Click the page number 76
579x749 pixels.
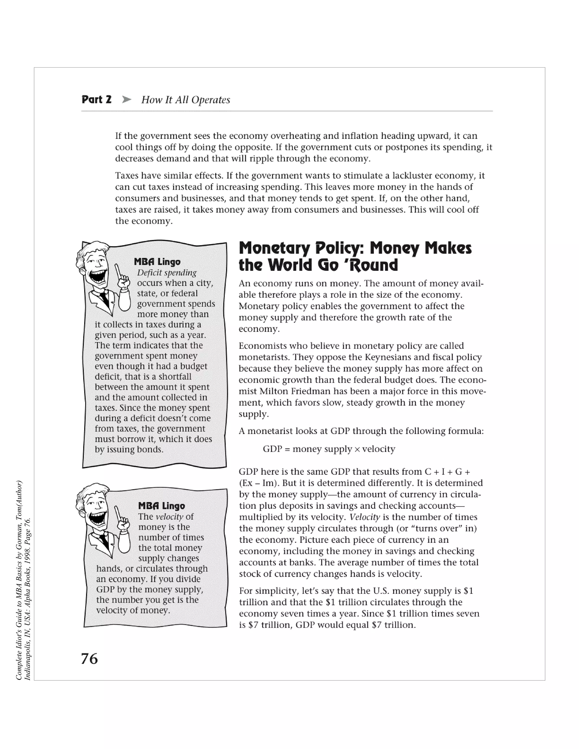coord(89,659)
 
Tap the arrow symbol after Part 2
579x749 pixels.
coord(127,100)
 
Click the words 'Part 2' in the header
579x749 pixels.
coord(96,100)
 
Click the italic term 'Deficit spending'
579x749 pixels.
coord(167,273)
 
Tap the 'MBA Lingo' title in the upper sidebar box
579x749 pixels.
coord(157,262)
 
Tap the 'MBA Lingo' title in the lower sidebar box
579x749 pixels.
coord(161,506)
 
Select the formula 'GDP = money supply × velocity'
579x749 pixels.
coord(329,449)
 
